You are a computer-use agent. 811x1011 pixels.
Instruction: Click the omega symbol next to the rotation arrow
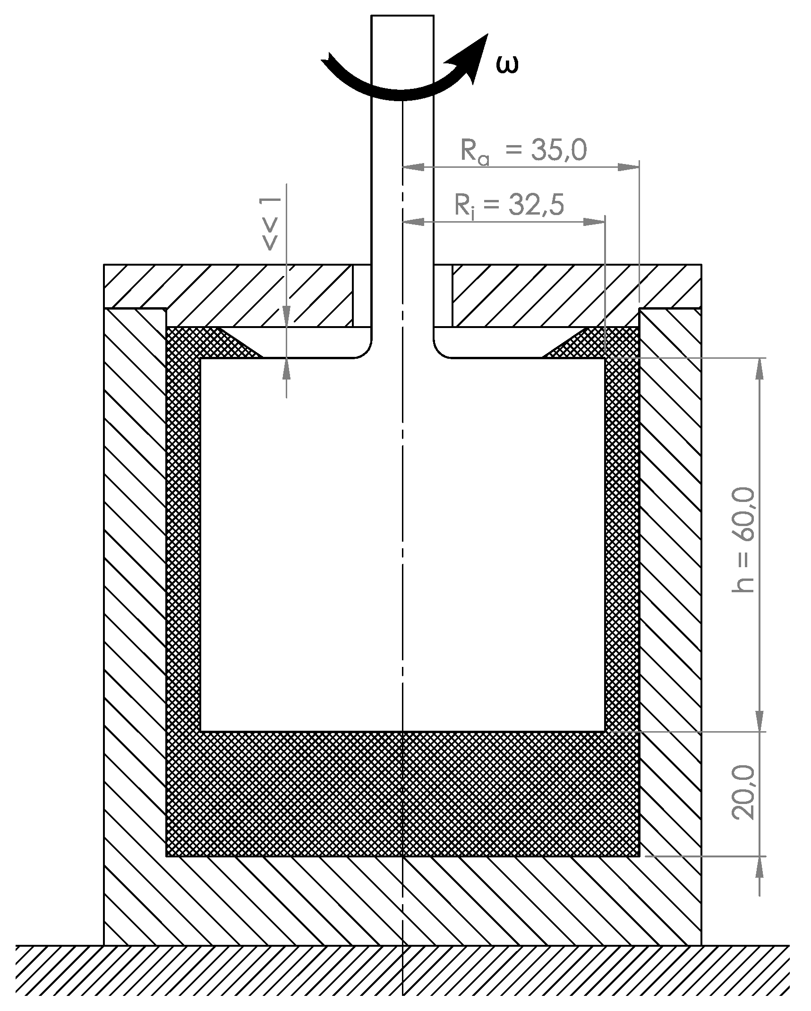[x=508, y=66]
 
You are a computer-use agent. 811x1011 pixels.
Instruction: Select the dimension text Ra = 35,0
[x=523, y=151]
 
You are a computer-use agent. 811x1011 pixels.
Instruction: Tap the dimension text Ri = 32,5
[x=509, y=205]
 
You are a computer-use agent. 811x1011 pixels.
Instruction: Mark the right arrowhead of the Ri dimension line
[x=595, y=222]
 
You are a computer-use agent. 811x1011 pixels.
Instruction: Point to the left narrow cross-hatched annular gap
[x=184, y=544]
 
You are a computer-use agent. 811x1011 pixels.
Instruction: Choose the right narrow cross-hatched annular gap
[x=622, y=544]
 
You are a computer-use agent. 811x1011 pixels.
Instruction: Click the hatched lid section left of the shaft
[x=227, y=295]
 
